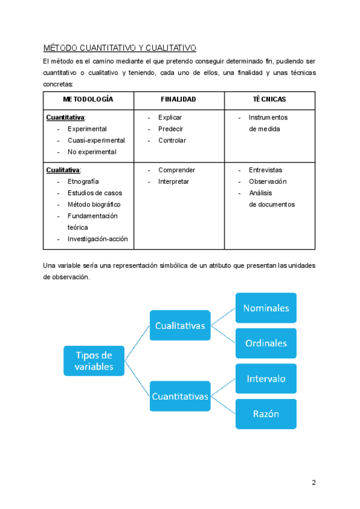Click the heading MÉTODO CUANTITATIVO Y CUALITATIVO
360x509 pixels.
pyautogui.click(x=121, y=48)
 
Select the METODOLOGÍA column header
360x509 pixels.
pyautogui.click(x=89, y=99)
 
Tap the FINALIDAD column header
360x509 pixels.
pyautogui.click(x=178, y=99)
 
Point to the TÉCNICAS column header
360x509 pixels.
pyautogui.click(x=269, y=99)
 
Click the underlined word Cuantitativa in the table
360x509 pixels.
pyautogui.click(x=65, y=118)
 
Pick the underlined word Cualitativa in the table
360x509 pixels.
pyautogui.click(x=63, y=170)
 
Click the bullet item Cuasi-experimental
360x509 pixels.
pyautogui.click(x=96, y=140)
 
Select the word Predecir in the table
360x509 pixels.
pyautogui.click(x=170, y=129)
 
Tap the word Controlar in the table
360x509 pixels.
pyautogui.click(x=172, y=140)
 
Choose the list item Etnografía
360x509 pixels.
pyautogui.click(x=83, y=181)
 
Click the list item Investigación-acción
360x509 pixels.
pyautogui.click(x=98, y=239)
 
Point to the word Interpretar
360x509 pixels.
pyautogui.click(x=173, y=181)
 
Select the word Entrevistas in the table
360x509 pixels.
pyautogui.click(x=265, y=170)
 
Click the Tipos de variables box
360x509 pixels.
pyautogui.click(x=94, y=361)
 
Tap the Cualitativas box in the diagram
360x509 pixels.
pyautogui.click(x=180, y=326)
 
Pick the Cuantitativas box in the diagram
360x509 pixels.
pyautogui.click(x=180, y=396)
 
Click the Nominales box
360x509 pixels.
pyautogui.click(x=266, y=308)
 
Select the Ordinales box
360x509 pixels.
pyautogui.click(x=266, y=343)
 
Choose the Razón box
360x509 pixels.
pyautogui.click(x=266, y=414)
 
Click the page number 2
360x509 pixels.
pyautogui.click(x=313, y=483)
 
